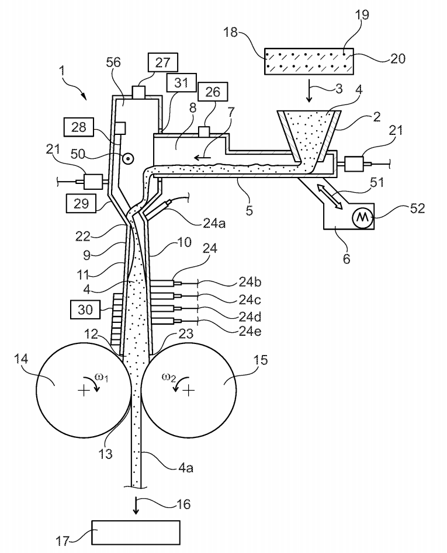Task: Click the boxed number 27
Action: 162,62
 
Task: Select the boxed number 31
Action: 182,82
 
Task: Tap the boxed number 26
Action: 213,92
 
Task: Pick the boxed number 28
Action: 79,127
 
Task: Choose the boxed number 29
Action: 81,203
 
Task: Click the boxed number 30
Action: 85,309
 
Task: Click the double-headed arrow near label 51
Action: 330,196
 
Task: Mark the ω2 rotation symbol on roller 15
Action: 171,382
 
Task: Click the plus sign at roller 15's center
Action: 189,391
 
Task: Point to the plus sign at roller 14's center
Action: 83,391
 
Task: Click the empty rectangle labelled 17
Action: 136,533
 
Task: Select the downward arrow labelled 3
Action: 309,91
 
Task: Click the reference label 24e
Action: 250,332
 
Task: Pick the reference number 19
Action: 362,15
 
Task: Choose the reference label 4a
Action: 186,468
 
